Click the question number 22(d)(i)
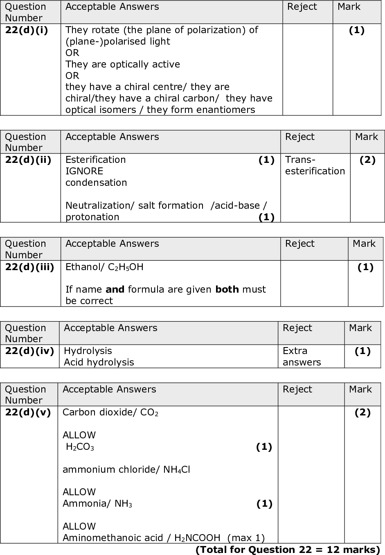pos(26,30)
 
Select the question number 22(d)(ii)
pos(28,160)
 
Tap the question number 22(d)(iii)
pos(29,267)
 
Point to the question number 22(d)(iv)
pos(29,351)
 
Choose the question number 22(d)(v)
pos(28,413)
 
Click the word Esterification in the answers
pos(95,160)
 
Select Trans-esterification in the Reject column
pos(315,166)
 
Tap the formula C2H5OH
pos(126,268)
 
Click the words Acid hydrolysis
pos(99,363)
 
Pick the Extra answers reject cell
pos(302,357)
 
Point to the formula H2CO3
pos(80,447)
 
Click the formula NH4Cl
pos(176,470)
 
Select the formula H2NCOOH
pos(197,538)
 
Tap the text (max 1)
pos(246,538)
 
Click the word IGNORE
pos(84,171)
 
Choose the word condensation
pos(96,183)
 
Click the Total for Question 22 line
pos(288,550)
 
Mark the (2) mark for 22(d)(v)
pos(362,413)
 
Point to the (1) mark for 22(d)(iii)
pos(365,267)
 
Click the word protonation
pos(92,217)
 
